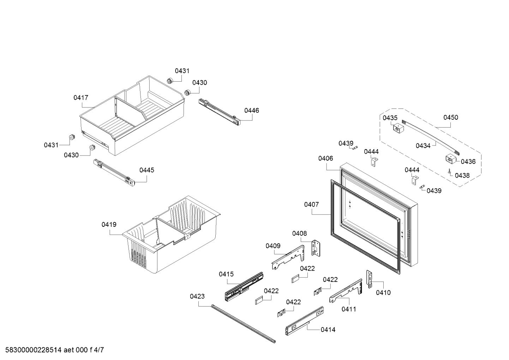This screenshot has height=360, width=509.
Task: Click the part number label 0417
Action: pos(81,98)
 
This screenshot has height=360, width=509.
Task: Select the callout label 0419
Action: pos(109,224)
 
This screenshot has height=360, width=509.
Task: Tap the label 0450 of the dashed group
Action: pos(451,117)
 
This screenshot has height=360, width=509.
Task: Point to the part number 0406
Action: pos(325,158)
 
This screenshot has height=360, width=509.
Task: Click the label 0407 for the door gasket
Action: pos(311,204)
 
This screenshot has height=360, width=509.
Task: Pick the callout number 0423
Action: pos(197,296)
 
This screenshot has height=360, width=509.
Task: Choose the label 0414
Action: pos(328,330)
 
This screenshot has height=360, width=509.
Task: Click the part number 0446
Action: pos(252,110)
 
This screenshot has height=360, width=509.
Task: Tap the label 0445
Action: pos(146,170)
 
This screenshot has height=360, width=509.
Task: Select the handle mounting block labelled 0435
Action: pos(398,129)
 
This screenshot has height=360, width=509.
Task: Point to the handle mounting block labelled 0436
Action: pos(450,159)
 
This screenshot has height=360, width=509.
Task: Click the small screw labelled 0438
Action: pos(449,172)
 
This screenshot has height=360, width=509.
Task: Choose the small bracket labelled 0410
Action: pos(370,279)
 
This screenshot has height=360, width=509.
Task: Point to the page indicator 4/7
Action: pos(99,350)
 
